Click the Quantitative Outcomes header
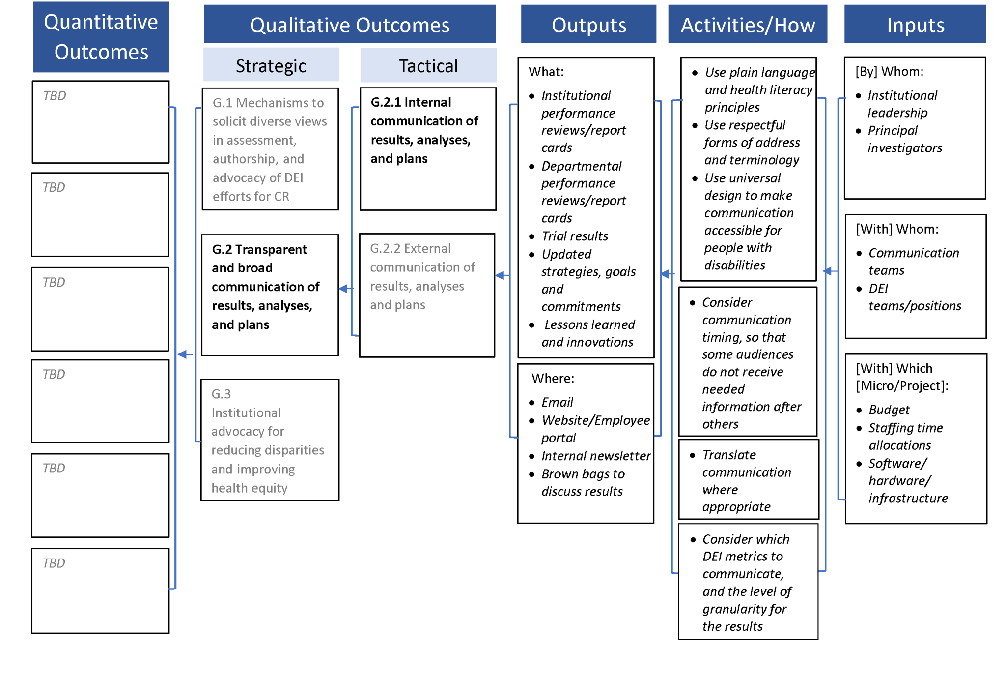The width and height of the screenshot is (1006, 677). (101, 37)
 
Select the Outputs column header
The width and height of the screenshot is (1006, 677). (588, 25)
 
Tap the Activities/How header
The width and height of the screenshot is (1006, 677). (747, 25)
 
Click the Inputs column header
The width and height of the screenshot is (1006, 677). (915, 25)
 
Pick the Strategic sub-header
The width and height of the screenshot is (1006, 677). (271, 65)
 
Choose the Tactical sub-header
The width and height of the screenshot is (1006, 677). (428, 65)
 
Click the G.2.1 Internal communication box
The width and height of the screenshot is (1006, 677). (427, 148)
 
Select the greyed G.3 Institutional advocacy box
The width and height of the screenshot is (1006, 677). (270, 440)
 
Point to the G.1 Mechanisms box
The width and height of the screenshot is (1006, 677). (270, 149)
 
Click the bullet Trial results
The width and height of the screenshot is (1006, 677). (574, 236)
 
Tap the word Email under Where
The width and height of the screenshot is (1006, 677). (557, 403)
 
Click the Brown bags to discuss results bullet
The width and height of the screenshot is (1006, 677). (583, 483)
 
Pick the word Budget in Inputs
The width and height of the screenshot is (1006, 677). (889, 410)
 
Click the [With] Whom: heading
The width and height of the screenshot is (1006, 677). (897, 229)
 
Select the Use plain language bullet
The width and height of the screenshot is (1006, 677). (759, 89)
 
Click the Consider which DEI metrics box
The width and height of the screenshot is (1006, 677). (747, 582)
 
